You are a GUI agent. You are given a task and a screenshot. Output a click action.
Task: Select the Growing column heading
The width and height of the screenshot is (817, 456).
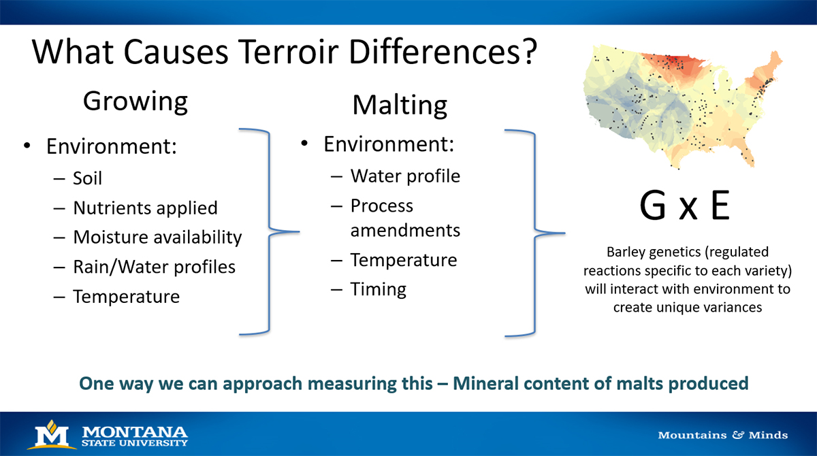tap(135, 101)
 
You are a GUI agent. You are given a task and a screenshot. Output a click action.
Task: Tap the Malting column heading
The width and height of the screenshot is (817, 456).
tap(400, 105)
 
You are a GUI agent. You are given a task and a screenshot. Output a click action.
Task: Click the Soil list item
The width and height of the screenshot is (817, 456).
tap(87, 178)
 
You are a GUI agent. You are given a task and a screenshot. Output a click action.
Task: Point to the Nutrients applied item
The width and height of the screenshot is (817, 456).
tap(145, 208)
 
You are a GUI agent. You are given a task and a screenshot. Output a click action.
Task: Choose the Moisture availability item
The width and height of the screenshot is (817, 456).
tap(157, 237)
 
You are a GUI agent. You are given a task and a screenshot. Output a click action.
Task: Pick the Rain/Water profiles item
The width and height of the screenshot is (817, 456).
tap(154, 267)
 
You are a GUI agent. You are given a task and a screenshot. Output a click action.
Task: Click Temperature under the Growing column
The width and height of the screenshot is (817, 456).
tap(127, 297)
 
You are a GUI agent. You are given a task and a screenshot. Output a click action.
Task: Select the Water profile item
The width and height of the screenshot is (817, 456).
tap(405, 176)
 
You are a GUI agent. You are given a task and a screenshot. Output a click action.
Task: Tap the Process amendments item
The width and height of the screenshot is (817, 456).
tap(405, 218)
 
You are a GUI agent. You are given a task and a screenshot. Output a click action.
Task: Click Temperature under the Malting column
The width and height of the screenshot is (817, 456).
tap(404, 260)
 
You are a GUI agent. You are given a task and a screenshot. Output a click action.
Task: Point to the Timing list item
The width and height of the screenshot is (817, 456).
tap(378, 289)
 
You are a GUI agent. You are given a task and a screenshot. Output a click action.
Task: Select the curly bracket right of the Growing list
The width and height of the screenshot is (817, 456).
tap(269, 231)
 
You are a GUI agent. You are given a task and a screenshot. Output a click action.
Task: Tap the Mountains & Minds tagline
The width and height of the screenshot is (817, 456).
tap(722, 435)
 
